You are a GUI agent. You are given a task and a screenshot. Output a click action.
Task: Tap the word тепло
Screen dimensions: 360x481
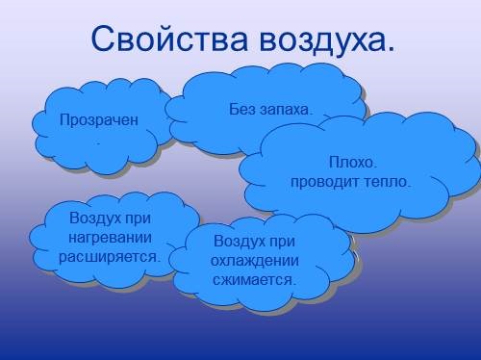[x=384, y=180]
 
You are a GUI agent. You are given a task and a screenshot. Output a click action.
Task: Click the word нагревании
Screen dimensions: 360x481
[x=111, y=238]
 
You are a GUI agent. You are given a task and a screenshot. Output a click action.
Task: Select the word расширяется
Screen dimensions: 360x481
[x=110, y=257]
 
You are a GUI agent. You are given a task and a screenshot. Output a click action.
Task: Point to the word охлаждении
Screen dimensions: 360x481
[x=256, y=260]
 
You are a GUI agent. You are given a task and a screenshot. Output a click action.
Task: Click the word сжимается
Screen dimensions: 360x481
[x=255, y=279]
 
